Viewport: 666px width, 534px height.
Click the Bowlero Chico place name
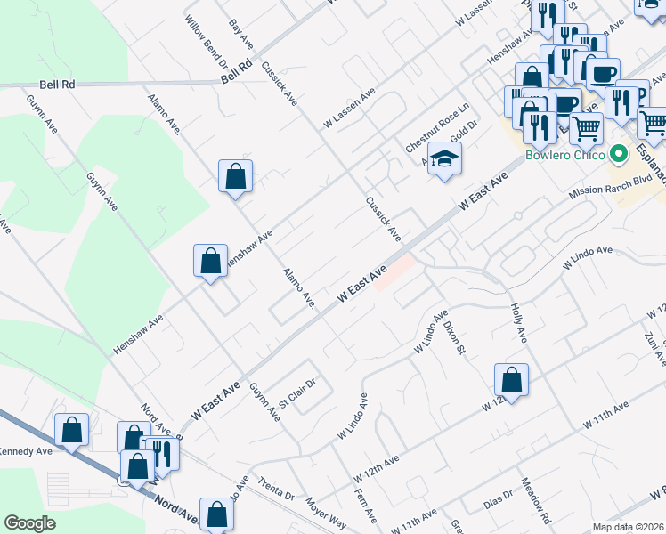coord(564,154)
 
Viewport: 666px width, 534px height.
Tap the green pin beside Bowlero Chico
coord(619,154)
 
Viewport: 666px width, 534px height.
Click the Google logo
coord(29,523)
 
